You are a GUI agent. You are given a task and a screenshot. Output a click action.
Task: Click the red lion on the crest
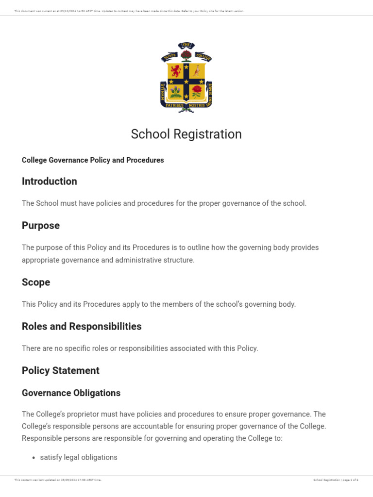click(176, 71)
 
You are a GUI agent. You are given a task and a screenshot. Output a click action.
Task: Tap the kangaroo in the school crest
click(196, 71)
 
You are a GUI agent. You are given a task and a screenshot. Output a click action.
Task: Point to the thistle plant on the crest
click(176, 91)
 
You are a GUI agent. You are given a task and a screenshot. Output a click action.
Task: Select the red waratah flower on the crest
click(197, 91)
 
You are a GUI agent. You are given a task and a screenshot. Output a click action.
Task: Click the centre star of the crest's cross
click(186, 81)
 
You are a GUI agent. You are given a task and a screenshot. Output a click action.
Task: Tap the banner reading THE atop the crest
click(186, 46)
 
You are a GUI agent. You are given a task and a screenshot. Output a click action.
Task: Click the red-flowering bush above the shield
click(186, 55)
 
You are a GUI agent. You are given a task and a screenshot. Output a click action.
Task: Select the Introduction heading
click(49, 181)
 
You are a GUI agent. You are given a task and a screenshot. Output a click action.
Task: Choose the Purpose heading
click(41, 225)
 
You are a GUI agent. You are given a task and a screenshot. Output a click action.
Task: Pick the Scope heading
click(36, 282)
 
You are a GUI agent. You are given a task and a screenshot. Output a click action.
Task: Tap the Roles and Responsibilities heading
click(82, 326)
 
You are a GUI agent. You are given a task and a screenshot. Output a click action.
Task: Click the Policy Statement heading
click(60, 370)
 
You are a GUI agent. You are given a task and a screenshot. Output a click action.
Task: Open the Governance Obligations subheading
click(71, 393)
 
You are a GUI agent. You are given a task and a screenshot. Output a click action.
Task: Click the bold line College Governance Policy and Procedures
click(93, 160)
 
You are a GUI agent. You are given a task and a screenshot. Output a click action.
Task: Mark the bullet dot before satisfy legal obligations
click(34, 458)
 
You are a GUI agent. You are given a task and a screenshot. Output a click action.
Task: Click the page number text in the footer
click(336, 480)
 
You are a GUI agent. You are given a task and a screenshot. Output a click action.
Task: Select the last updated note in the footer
click(58, 480)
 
